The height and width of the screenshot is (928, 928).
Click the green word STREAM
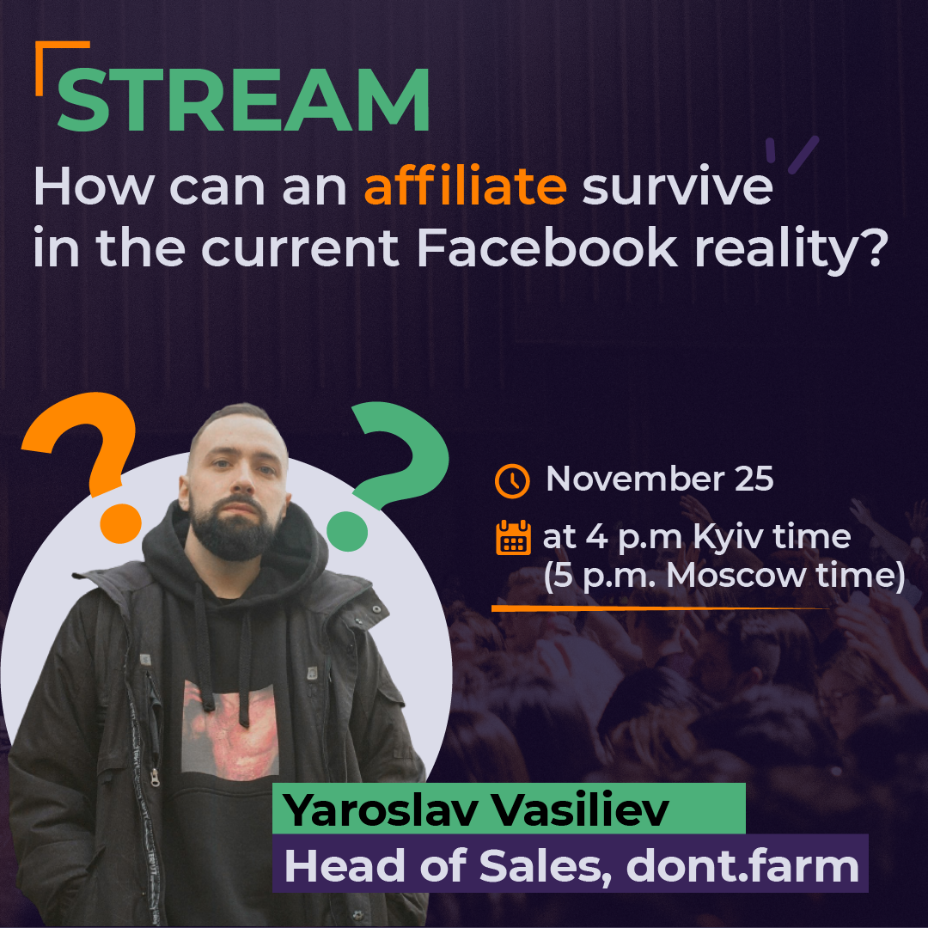point(243,100)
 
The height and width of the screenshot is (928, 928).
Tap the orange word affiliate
point(465,186)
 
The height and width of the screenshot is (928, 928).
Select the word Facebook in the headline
point(546,248)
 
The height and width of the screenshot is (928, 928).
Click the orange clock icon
point(512,480)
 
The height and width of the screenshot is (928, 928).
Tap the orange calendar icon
point(512,537)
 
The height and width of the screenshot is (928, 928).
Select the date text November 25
point(659,479)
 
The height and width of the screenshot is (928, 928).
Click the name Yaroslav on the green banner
point(380,809)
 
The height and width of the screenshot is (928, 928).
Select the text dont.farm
point(742,865)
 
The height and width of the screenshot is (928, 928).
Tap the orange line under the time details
point(661,607)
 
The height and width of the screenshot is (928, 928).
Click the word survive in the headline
point(678,187)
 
